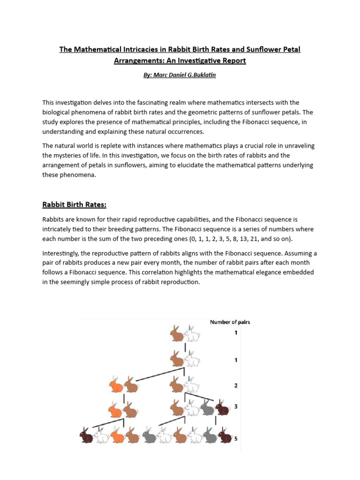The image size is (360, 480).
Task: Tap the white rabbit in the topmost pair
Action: [192, 334]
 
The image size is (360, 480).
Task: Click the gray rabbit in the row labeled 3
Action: [207, 408]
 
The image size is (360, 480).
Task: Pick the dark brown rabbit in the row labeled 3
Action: [222, 408]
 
